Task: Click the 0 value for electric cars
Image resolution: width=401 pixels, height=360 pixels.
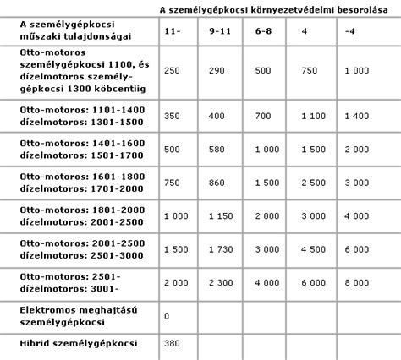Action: coord(168,315)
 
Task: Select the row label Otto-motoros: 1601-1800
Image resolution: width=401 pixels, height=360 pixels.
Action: coord(77,176)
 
